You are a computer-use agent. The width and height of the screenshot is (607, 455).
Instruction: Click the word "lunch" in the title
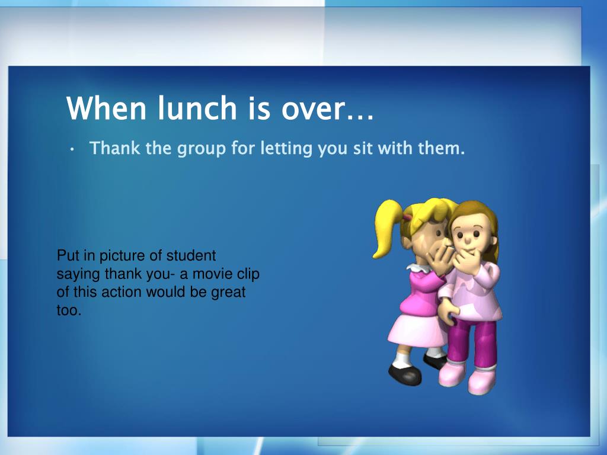[x=197, y=108]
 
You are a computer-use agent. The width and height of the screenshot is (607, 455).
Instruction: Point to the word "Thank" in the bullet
[x=114, y=148]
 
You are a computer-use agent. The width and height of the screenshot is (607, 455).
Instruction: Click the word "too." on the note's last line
[x=69, y=310]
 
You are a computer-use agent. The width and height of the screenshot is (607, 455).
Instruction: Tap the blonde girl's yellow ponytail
[x=385, y=228]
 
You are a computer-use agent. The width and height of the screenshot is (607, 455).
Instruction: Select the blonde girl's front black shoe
[x=404, y=374]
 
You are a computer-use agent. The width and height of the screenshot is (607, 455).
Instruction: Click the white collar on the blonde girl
[x=418, y=268]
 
